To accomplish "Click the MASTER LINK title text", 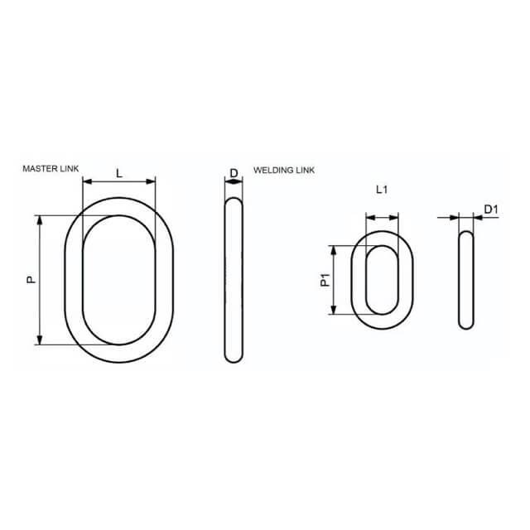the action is [51, 169].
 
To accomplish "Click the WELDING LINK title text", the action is [284, 170].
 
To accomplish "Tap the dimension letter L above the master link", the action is [119, 174].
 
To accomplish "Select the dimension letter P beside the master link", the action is [31, 279].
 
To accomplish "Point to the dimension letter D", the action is [234, 173].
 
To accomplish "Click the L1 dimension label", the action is [382, 190].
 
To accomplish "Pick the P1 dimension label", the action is [325, 280].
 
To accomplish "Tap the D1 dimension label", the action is [491, 210].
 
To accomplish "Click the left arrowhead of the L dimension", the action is [87, 182].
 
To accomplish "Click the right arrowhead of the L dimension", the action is [151, 182].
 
